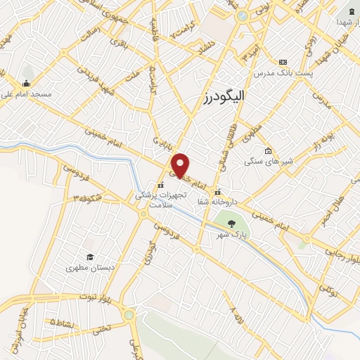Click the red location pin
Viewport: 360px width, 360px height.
coord(181,165)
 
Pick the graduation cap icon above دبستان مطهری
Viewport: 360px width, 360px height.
coord(89,257)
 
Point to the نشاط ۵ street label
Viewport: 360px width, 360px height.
coord(63,322)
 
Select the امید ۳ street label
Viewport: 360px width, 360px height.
coord(247,51)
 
